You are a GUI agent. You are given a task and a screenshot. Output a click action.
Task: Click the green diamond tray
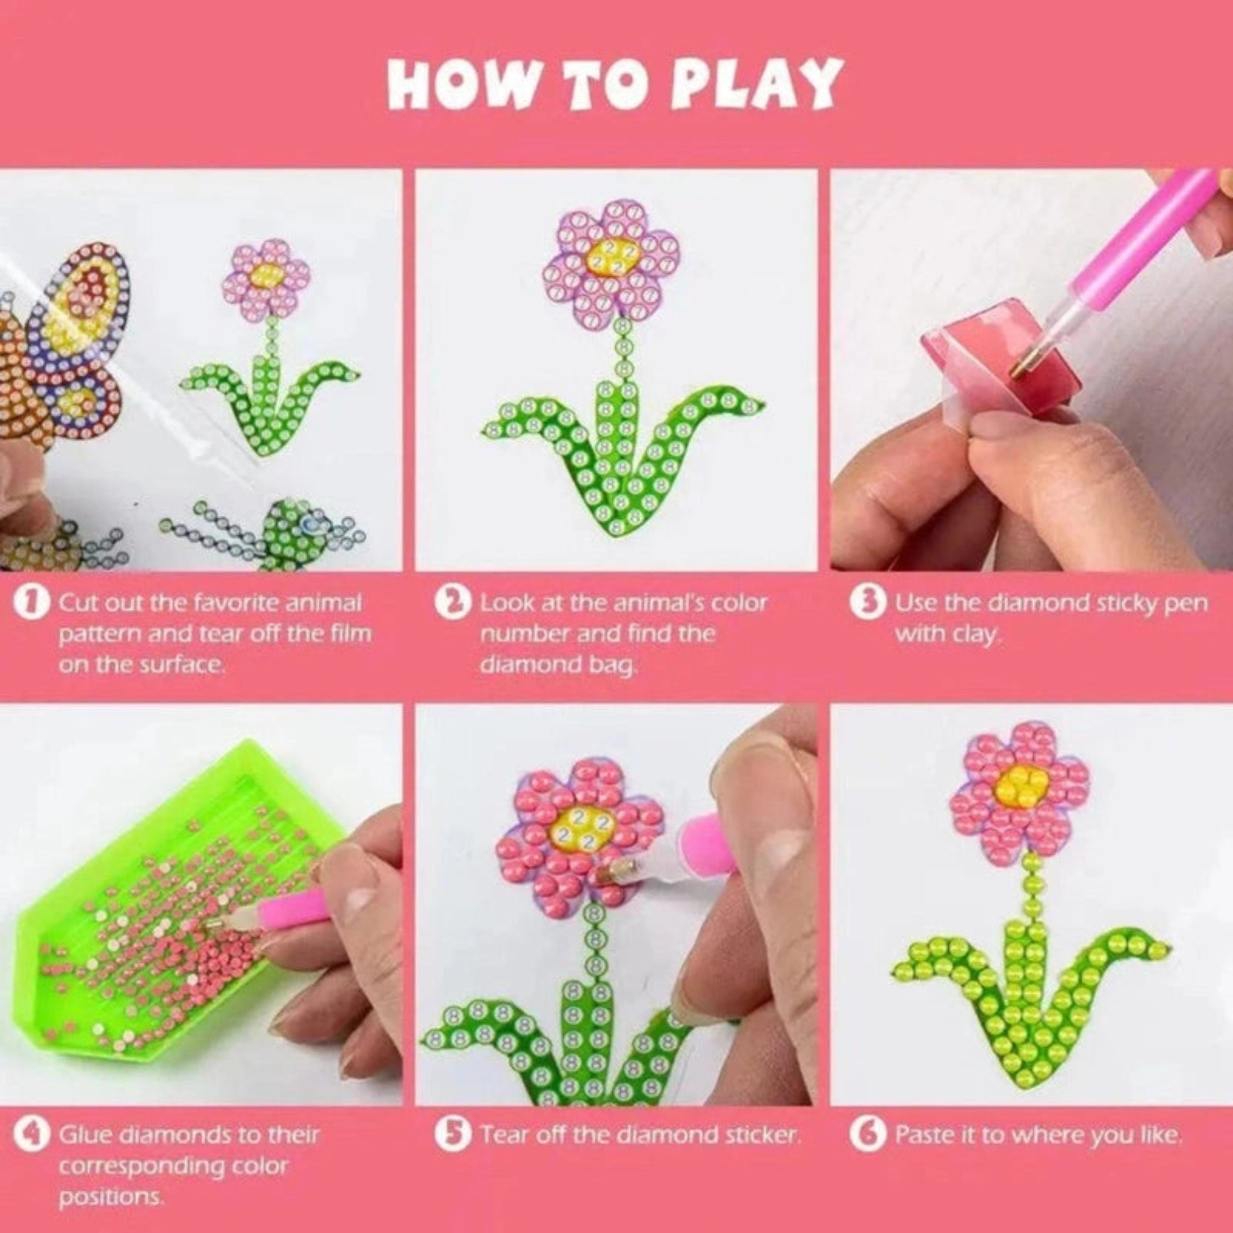tap(172, 893)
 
